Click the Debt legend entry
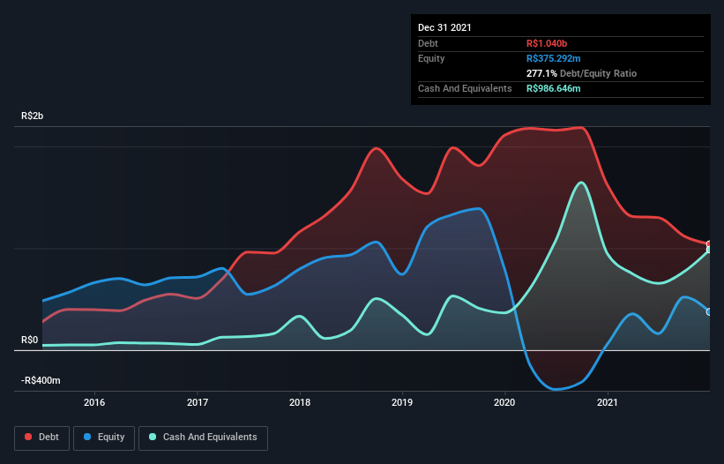(43, 437)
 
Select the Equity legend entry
(104, 437)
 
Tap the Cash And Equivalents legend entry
(202, 437)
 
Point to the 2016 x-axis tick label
(94, 402)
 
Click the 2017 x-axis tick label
(198, 402)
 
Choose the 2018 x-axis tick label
(300, 402)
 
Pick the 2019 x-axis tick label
(402, 402)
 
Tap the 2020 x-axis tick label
(504, 402)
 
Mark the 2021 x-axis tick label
(607, 402)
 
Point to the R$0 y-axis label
(30, 340)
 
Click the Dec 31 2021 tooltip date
(444, 27)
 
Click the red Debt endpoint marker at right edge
(709, 244)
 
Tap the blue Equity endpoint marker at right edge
(709, 311)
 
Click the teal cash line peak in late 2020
(580, 183)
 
